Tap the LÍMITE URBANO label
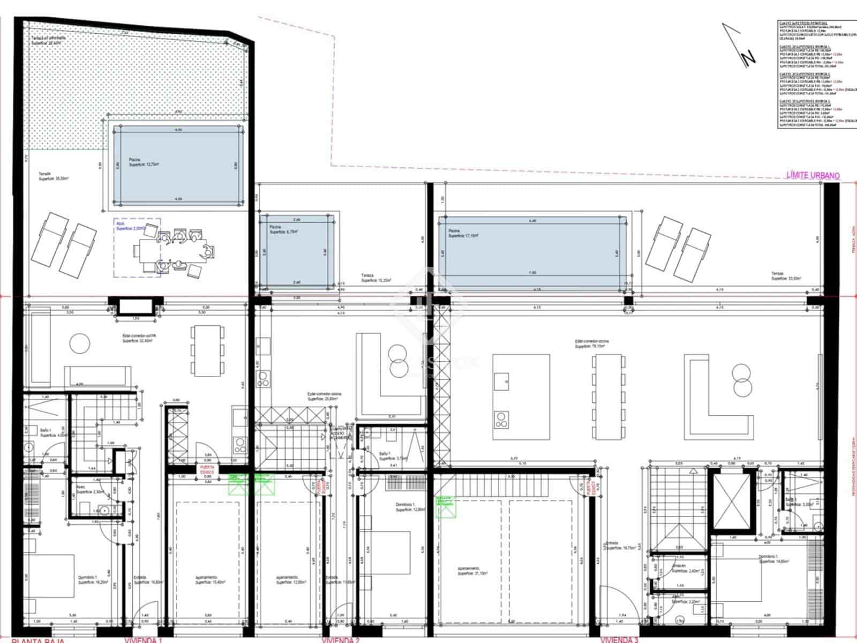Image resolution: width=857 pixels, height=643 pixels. tap(813, 175)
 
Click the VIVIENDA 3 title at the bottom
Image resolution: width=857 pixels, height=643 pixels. tap(619, 639)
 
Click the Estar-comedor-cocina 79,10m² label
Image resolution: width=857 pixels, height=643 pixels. tap(591, 343)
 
